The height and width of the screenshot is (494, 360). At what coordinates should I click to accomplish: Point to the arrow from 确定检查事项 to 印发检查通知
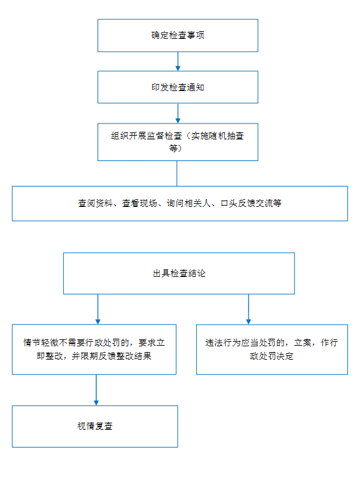coord(178,62)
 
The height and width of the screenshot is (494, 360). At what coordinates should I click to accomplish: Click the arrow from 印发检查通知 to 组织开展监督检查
coord(178,113)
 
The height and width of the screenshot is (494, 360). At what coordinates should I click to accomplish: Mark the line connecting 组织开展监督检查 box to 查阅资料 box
coord(177,173)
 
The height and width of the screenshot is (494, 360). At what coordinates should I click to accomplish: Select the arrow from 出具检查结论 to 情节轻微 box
coord(97,309)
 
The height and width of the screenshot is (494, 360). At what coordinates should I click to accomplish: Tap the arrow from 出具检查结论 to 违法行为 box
coord(248,309)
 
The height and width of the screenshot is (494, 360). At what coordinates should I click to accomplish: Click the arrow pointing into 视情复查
coord(96,390)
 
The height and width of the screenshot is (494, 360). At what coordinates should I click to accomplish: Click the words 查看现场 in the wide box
coord(140,203)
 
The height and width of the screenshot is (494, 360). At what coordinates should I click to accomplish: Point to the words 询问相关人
coord(189,203)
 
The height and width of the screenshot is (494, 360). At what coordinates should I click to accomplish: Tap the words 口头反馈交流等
coord(251,203)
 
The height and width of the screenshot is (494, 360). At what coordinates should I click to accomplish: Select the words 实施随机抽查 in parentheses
coord(217,136)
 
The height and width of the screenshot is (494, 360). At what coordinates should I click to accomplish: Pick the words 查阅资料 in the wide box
coord(95,203)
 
